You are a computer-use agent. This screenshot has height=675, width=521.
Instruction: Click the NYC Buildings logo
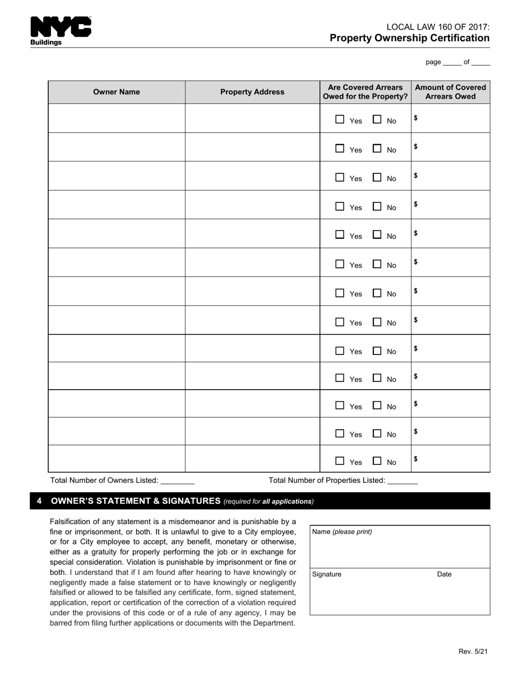(x=60, y=31)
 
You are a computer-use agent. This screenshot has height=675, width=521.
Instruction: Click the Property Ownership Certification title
(x=409, y=38)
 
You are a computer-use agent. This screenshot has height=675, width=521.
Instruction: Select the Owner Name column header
(x=116, y=92)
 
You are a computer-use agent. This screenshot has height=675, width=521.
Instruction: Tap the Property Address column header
(x=252, y=92)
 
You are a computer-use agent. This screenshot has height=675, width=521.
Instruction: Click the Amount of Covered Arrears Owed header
(x=450, y=92)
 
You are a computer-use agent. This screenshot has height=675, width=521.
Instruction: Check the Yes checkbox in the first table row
(x=340, y=119)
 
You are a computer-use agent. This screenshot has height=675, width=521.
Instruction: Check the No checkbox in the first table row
(x=377, y=119)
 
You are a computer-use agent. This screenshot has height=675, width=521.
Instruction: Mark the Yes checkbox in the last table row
(x=340, y=461)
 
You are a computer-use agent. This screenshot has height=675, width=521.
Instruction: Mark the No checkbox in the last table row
(x=377, y=461)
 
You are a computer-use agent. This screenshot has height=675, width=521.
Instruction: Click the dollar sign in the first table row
(x=416, y=117)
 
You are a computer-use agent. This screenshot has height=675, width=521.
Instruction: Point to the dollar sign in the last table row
(x=416, y=459)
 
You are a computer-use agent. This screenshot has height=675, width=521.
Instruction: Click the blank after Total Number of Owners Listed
(x=178, y=481)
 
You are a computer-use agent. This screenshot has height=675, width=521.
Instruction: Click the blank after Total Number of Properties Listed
(x=403, y=481)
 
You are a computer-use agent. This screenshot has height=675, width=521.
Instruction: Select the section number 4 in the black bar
(x=39, y=501)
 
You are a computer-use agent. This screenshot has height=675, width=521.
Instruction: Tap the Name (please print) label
(x=342, y=532)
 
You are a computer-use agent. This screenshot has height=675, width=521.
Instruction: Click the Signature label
(x=327, y=575)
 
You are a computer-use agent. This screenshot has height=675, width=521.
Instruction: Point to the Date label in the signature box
(x=444, y=575)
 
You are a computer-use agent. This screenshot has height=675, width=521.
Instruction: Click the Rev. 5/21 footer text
(x=473, y=651)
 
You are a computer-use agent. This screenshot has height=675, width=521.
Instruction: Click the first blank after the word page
(x=452, y=63)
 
